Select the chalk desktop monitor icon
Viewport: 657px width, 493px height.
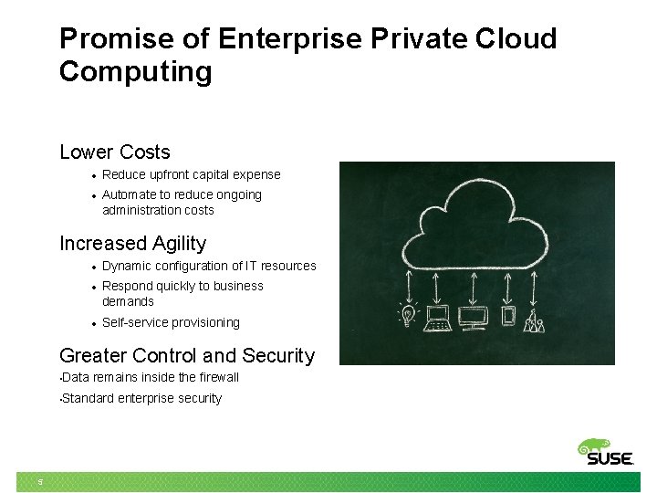point(474,318)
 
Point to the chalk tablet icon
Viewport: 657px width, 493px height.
point(508,317)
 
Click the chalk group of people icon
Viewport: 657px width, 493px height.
point(535,320)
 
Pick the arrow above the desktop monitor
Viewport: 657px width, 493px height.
point(474,286)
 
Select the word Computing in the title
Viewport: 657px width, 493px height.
point(135,71)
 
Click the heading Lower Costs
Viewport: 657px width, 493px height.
point(114,152)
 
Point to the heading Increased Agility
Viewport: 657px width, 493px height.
point(132,243)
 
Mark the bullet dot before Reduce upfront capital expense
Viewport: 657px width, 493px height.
point(93,175)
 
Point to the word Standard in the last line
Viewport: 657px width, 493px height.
point(89,398)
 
